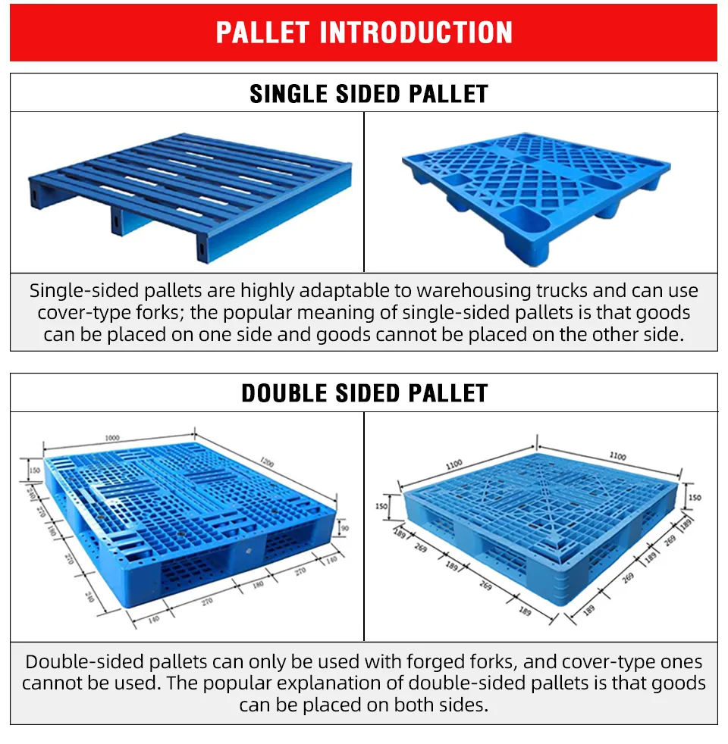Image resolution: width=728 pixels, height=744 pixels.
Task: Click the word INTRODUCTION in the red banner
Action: (416, 33)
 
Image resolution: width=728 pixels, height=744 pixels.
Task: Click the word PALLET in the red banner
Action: (262, 33)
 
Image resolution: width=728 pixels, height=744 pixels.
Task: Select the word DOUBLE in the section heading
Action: (284, 393)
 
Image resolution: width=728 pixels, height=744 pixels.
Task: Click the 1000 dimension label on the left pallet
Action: (112, 438)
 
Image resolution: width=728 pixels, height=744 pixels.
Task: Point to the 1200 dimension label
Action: (267, 461)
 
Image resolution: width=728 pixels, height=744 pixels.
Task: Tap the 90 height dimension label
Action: (345, 527)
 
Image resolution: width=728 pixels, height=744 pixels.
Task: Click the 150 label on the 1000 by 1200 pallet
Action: (35, 470)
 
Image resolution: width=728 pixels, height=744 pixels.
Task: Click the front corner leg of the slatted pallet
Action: (202, 248)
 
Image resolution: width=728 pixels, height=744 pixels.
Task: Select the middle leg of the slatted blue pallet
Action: (117, 221)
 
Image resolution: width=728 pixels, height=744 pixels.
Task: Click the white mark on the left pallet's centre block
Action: (249, 551)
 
